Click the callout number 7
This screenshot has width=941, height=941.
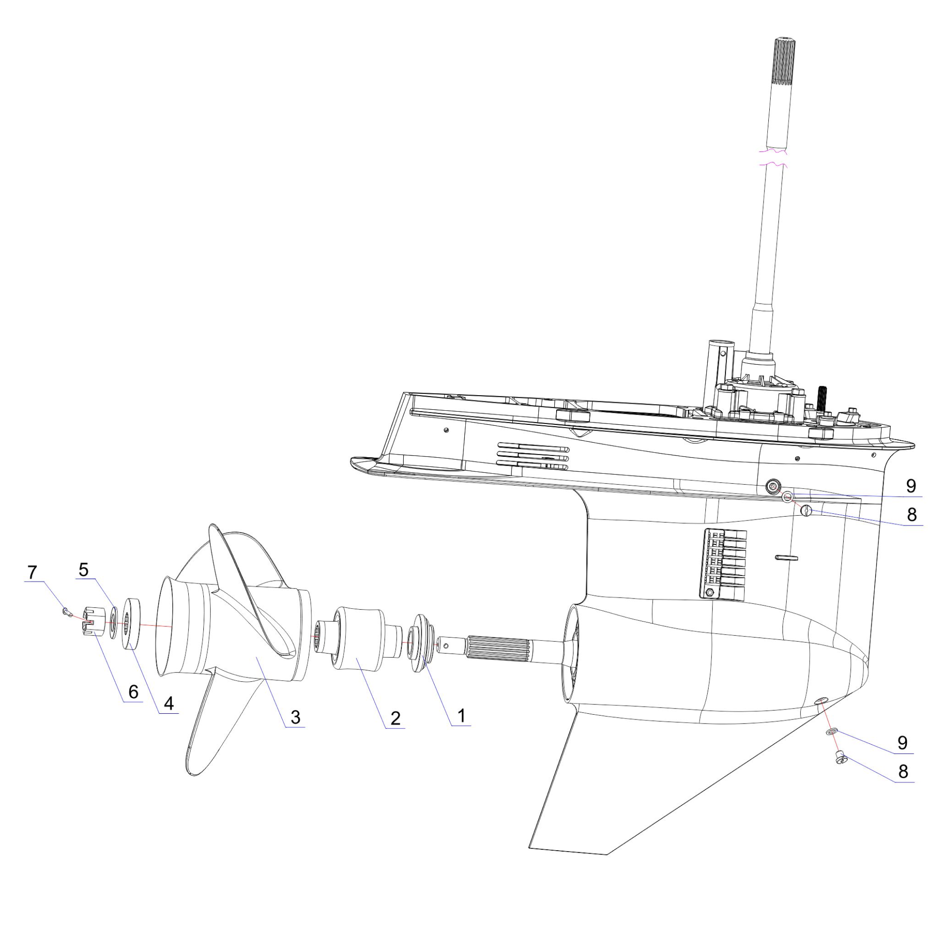point(32,572)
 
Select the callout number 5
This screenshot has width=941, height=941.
point(84,569)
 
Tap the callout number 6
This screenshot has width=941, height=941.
point(133,692)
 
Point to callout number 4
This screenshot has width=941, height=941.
point(168,703)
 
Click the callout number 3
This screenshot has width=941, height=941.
point(295,717)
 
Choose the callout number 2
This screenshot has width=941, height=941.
point(395,718)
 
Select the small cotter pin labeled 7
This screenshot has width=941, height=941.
point(67,612)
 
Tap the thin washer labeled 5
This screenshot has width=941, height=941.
point(113,622)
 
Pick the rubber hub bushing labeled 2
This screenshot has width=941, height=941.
point(358,638)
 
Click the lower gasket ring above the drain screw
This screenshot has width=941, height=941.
point(831,732)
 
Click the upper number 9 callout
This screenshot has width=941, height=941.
point(910,486)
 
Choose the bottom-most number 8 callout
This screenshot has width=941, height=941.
point(903,772)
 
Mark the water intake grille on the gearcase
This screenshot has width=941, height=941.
point(724,565)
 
